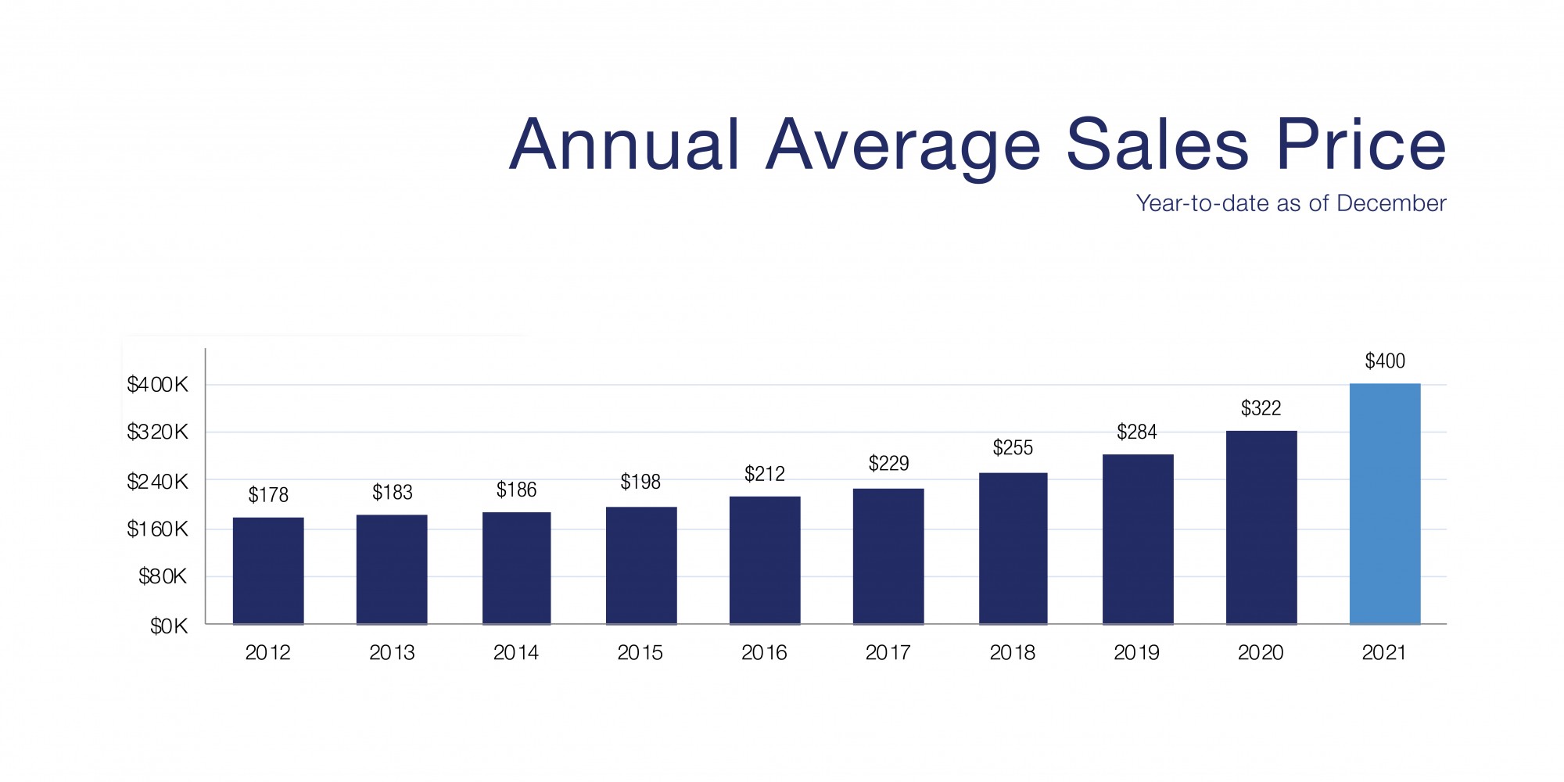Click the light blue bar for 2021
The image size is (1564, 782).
click(x=1384, y=504)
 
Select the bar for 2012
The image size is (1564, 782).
click(x=268, y=571)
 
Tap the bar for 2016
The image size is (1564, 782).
click(x=764, y=560)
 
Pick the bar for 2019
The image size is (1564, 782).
click(x=1137, y=540)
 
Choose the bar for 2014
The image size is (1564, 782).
click(x=516, y=568)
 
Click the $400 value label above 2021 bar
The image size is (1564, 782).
click(x=1384, y=361)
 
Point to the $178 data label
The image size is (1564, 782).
click(x=268, y=495)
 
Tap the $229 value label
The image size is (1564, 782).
click(x=888, y=464)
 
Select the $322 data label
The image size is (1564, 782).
click(x=1261, y=408)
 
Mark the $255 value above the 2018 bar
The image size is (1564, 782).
click(x=1013, y=448)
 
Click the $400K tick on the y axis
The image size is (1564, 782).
click(x=157, y=385)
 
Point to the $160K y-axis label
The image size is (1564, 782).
click(x=157, y=529)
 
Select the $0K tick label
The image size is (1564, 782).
click(x=169, y=626)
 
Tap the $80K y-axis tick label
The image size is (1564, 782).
click(x=163, y=577)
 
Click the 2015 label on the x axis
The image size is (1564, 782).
click(x=640, y=653)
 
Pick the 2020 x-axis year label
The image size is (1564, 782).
click(x=1261, y=653)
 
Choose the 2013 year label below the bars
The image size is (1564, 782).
click(x=392, y=653)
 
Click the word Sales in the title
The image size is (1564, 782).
click(x=1157, y=145)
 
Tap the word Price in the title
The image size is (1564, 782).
click(x=1361, y=145)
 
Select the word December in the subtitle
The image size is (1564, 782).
click(x=1391, y=203)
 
